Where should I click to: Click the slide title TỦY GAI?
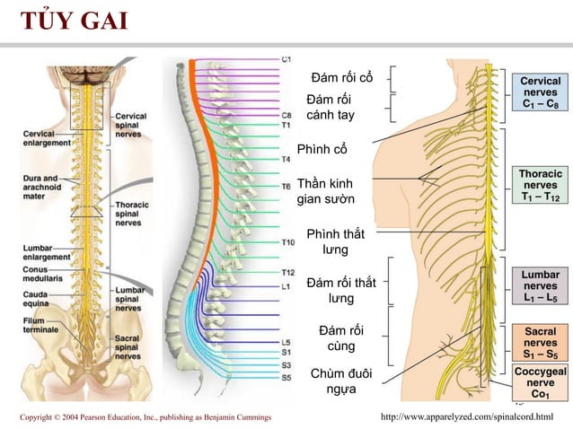(75, 20)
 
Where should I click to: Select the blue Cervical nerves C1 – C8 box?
(540, 92)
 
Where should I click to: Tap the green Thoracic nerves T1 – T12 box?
(540, 185)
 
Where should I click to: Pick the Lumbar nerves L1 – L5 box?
(540, 286)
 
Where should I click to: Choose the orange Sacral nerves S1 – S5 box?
(540, 343)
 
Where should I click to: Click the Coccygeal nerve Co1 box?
(540, 382)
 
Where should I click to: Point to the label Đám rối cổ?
(342, 77)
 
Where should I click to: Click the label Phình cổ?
(322, 149)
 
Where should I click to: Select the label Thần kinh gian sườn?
(325, 191)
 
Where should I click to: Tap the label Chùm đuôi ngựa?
(341, 381)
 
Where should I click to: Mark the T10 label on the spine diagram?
(288, 242)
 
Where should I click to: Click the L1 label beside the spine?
(286, 286)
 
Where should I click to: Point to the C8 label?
(286, 116)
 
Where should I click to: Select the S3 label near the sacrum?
(286, 365)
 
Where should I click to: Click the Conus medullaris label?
(42, 274)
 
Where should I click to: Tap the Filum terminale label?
(40, 325)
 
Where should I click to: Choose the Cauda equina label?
(35, 299)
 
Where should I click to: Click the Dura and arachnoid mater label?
(42, 187)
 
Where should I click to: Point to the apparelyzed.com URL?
(467, 416)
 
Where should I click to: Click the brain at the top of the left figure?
(87, 74)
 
